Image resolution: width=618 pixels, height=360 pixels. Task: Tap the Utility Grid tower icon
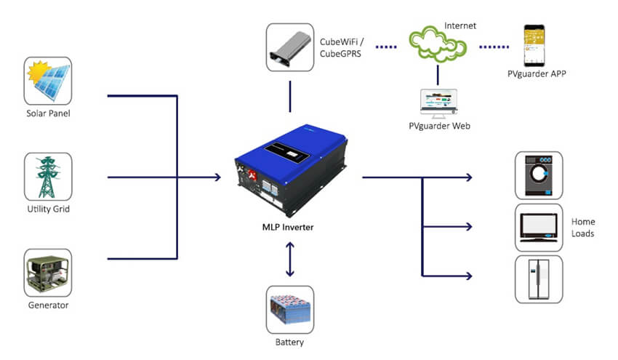pos(48,176)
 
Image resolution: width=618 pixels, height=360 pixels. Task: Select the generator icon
pos(48,272)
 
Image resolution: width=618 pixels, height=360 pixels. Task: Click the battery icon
pos(289,309)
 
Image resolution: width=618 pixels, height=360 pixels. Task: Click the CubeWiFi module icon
pos(289,47)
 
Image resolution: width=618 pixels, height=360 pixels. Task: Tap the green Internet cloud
pos(437,46)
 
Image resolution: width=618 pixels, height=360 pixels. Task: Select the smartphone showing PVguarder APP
pos(534,45)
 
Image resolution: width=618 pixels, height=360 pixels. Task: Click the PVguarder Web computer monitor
pos(438,103)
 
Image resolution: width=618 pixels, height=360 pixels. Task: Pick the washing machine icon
pos(539,175)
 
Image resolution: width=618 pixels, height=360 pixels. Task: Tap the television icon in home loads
pos(539,227)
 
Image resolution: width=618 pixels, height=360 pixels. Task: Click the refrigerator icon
pos(539,279)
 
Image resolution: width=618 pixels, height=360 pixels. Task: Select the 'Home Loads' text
pos(582,228)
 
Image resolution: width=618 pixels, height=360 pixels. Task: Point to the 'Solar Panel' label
pos(48,113)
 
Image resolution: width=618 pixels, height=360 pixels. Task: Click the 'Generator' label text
pos(48,305)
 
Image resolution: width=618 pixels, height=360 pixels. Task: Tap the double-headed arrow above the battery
pos(290,258)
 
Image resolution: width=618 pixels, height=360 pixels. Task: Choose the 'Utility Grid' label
pos(48,209)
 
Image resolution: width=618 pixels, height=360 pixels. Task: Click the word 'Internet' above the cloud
pos(460,25)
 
